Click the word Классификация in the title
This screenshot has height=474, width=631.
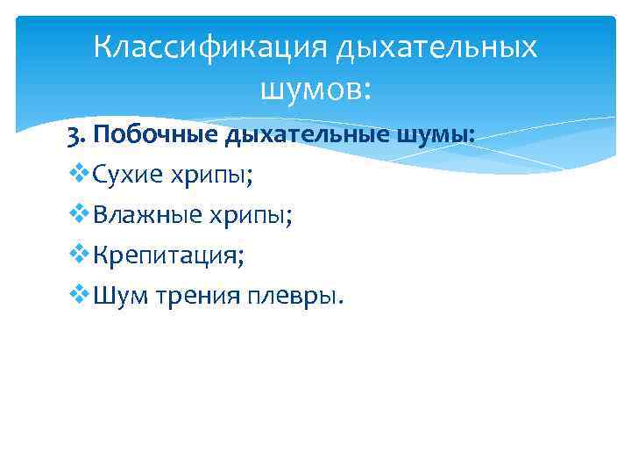click(209, 47)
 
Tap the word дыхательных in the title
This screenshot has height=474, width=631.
click(436, 47)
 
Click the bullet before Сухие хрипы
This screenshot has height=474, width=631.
click(77, 176)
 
